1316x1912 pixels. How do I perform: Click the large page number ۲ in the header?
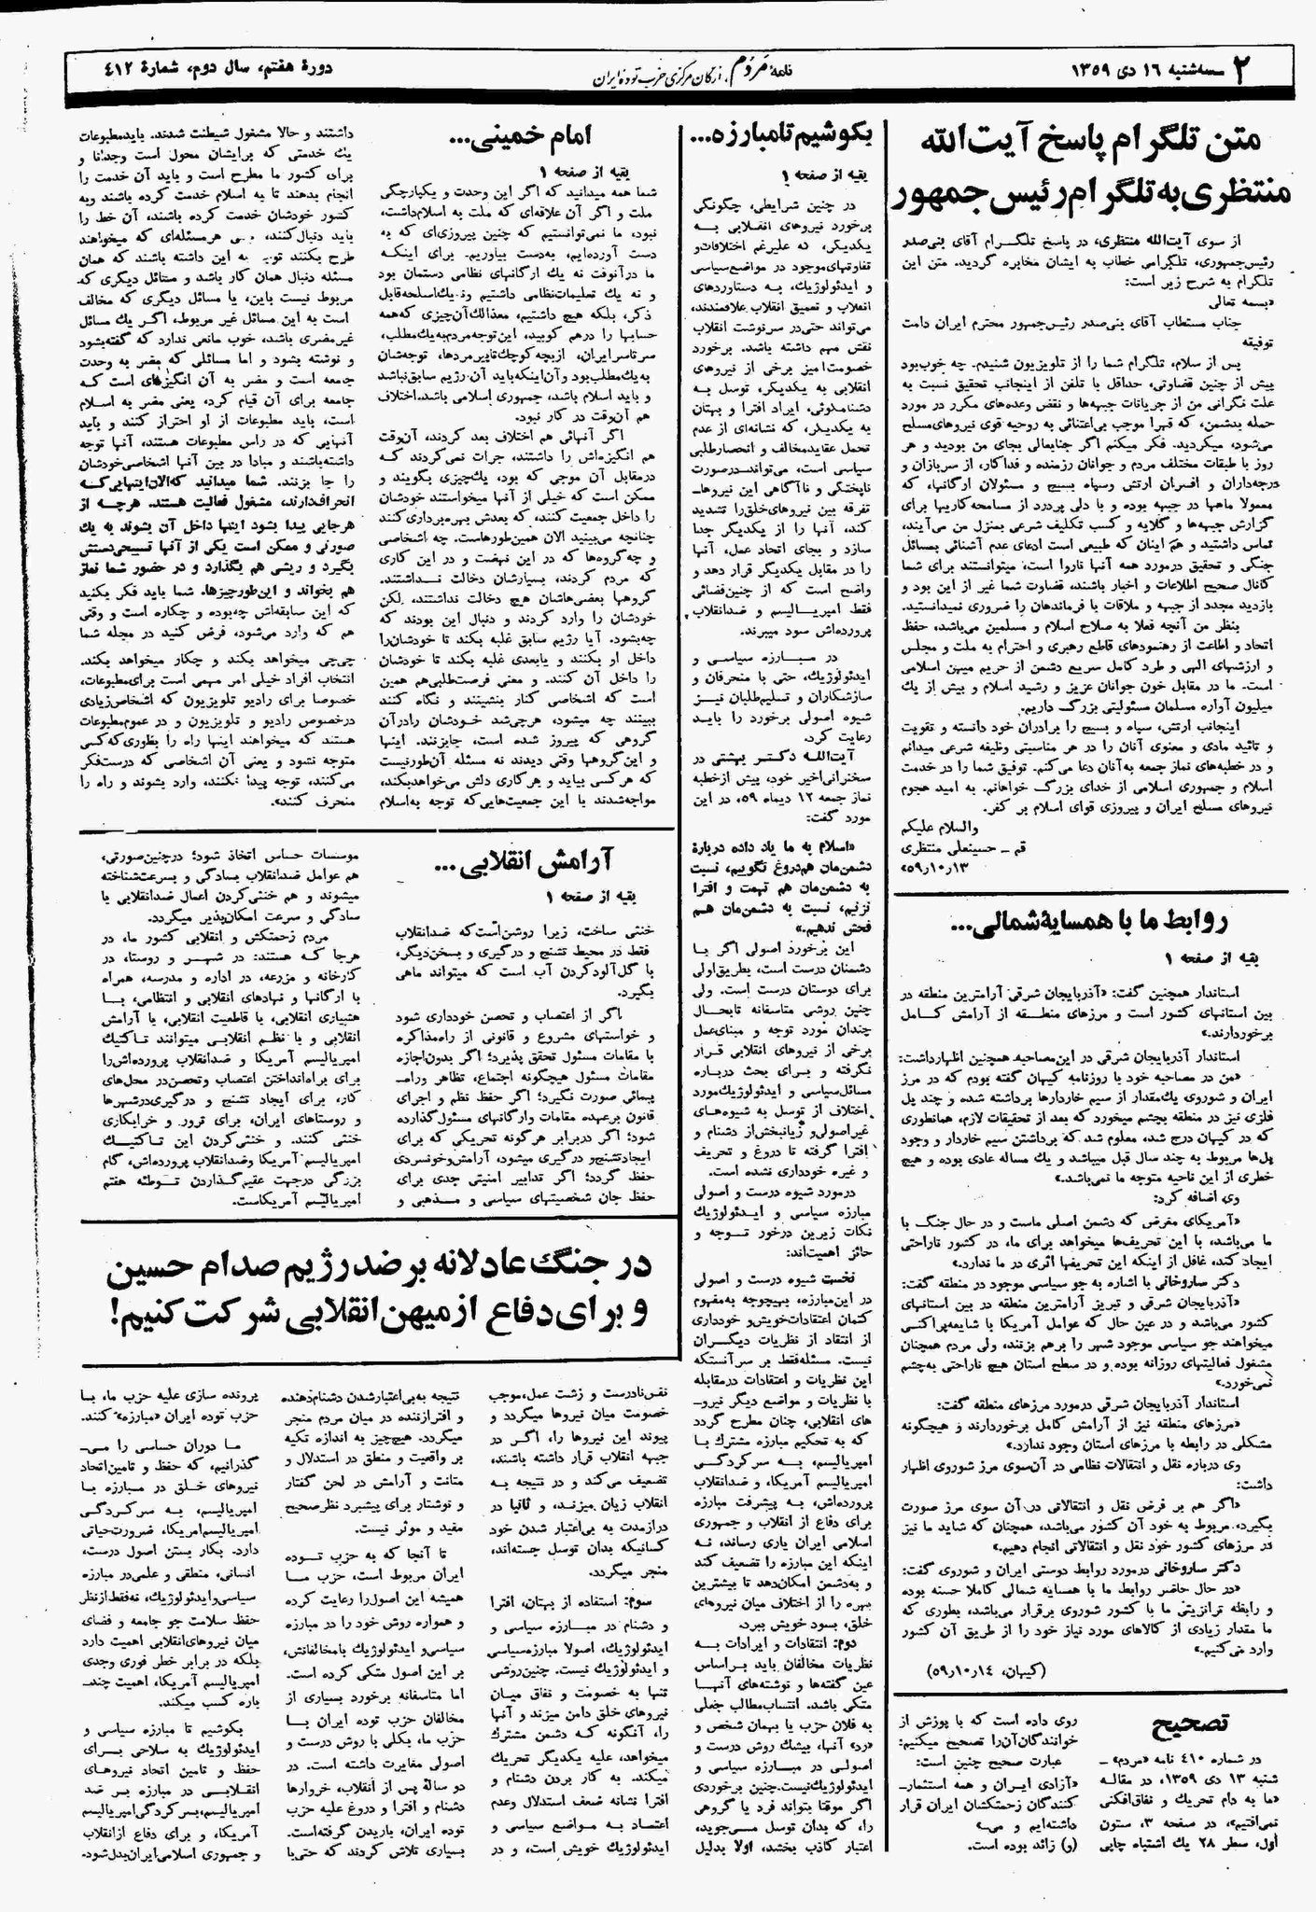1242,69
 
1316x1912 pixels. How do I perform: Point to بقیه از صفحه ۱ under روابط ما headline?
1213,958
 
